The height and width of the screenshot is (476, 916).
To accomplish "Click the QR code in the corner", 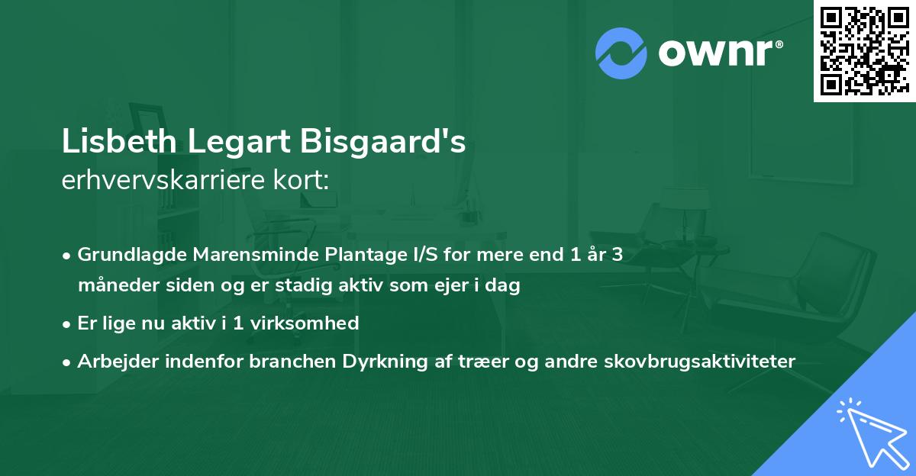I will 864,50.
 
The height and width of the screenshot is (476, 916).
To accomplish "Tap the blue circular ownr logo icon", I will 621,53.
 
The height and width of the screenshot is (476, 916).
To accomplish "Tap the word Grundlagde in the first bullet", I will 124,255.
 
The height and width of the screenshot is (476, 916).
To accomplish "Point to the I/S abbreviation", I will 402,255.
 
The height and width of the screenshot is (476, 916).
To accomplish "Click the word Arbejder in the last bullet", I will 114,361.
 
